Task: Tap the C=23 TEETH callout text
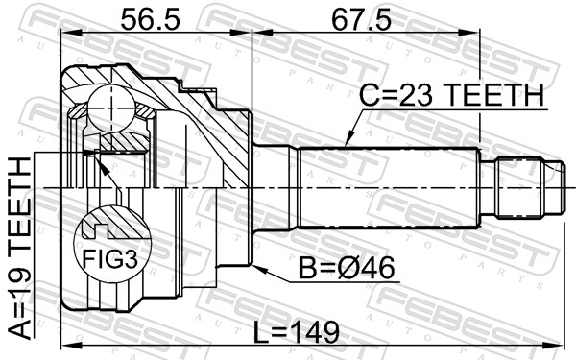click(452, 97)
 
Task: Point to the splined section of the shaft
click(389, 188)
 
